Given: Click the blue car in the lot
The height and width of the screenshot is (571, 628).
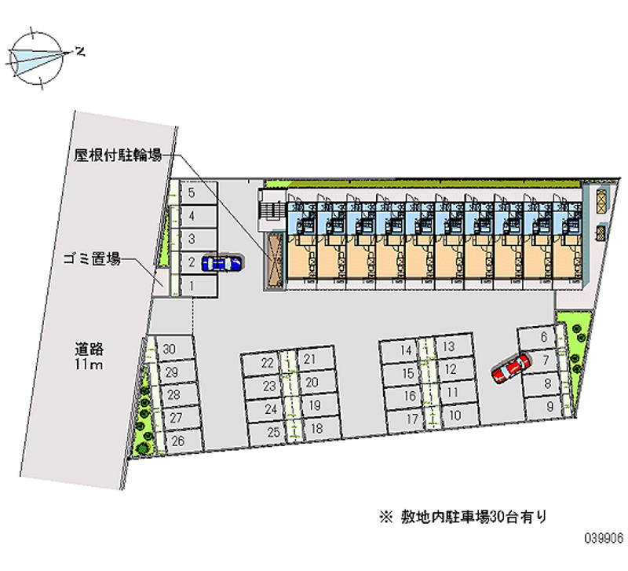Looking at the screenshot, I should (222, 263).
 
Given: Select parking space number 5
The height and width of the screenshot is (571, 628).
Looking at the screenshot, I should (198, 191).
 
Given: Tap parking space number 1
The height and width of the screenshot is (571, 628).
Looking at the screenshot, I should (198, 287).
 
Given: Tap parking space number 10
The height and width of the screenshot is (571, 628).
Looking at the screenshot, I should (455, 416).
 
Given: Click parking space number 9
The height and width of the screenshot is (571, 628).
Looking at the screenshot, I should (548, 406).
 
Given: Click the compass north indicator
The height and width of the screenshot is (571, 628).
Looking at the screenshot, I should (79, 52).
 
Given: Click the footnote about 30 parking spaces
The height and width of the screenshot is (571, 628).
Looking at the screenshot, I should (462, 516).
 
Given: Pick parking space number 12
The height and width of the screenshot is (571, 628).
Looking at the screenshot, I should (451, 369).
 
